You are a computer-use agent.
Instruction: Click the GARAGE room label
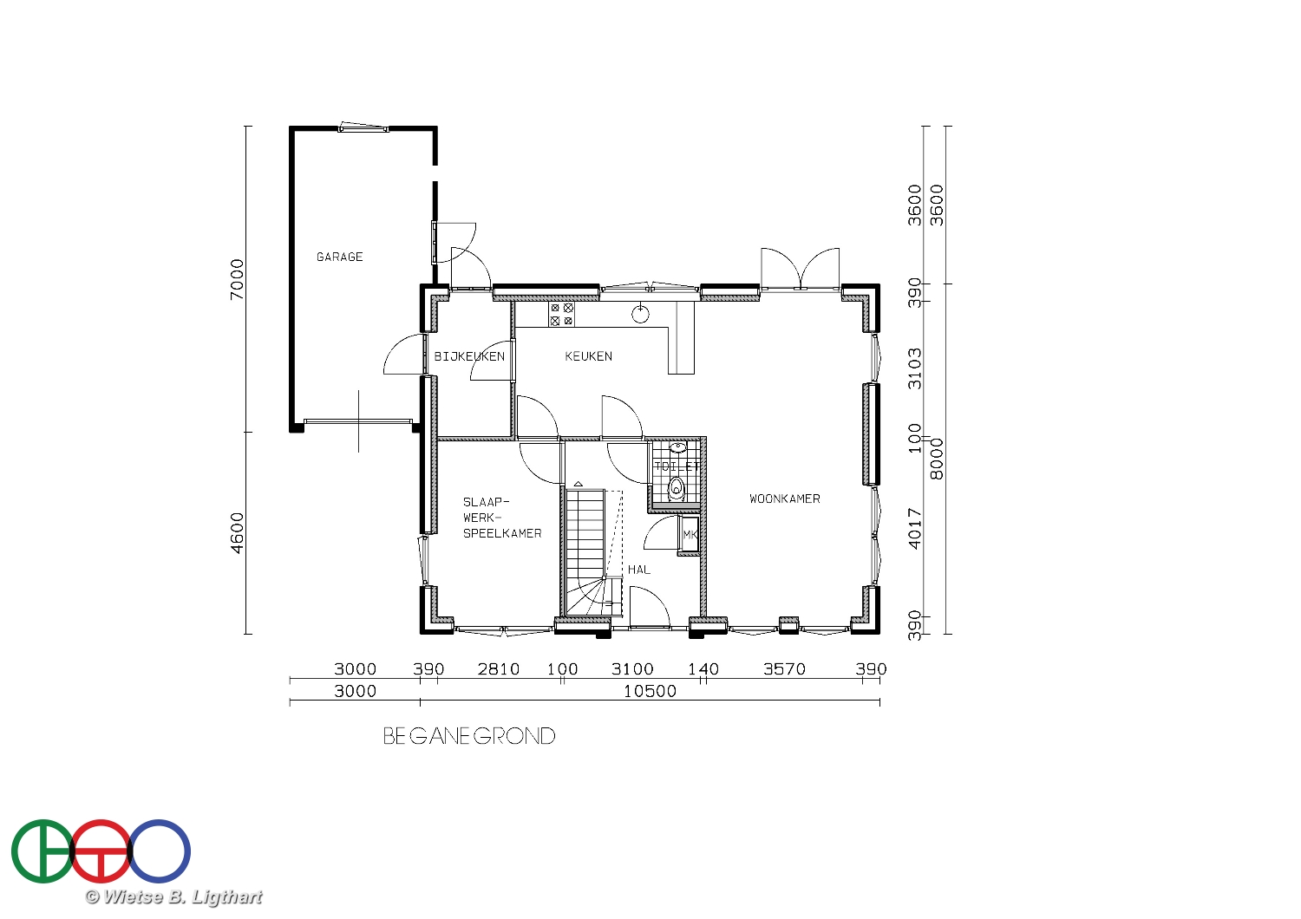(340, 257)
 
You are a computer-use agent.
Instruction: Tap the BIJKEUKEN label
(469, 356)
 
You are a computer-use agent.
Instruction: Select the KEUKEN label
(588, 356)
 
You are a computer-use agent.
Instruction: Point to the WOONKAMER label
(785, 499)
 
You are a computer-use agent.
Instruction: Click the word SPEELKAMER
(502, 533)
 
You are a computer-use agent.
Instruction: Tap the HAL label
(639, 570)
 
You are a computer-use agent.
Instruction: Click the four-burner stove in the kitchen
(561, 314)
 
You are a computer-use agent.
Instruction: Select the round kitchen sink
(640, 314)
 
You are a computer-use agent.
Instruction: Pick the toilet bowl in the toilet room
(676, 488)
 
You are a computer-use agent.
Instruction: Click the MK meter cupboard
(690, 535)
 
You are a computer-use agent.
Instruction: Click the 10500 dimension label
(650, 692)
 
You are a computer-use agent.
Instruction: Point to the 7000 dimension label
(237, 279)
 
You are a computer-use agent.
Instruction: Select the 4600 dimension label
(237, 533)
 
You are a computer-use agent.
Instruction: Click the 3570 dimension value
(784, 669)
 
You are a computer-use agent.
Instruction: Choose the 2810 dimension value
(499, 669)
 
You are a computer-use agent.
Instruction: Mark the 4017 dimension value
(914, 529)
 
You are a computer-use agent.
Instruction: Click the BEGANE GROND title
(469, 737)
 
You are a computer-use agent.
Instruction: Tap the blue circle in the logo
(159, 851)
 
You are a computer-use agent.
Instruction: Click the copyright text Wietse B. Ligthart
(173, 897)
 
